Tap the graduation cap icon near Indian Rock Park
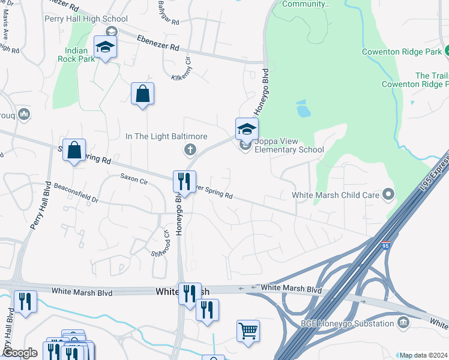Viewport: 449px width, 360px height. click(x=105, y=47)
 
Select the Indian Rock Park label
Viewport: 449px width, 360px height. click(x=76, y=55)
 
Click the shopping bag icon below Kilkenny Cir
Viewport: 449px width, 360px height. click(x=142, y=94)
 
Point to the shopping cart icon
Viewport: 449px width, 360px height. click(x=248, y=331)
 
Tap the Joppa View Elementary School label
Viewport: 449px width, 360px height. click(x=289, y=146)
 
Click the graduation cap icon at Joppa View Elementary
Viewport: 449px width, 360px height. click(x=247, y=128)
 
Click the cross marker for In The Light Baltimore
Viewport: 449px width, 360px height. click(x=190, y=149)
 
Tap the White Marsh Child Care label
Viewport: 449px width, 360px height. click(x=335, y=194)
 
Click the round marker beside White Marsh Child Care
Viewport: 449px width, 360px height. click(x=388, y=194)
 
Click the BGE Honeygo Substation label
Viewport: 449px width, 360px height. click(x=346, y=323)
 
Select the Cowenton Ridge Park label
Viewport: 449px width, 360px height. click(x=402, y=52)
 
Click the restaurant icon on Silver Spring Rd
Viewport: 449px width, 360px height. click(x=184, y=181)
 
